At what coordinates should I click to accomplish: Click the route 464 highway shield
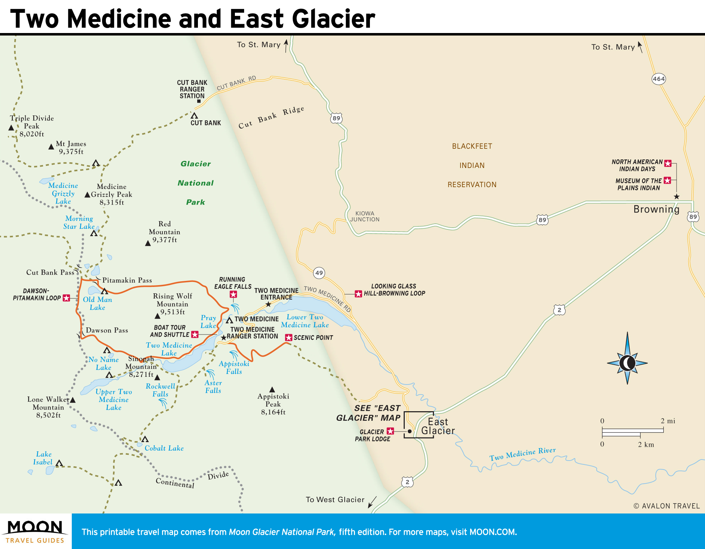pyautogui.click(x=658, y=79)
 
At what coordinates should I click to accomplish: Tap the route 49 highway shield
pyautogui.click(x=319, y=273)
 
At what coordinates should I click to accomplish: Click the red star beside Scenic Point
pyautogui.click(x=289, y=337)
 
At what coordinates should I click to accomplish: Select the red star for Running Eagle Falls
pyautogui.click(x=233, y=294)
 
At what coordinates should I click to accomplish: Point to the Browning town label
pyautogui.click(x=656, y=209)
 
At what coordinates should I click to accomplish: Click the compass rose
pyautogui.click(x=627, y=363)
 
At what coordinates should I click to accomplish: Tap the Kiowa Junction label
pyautogui.click(x=365, y=216)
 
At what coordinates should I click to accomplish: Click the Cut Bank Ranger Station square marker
pyautogui.click(x=199, y=101)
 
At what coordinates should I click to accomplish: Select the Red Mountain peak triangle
pyautogui.click(x=148, y=243)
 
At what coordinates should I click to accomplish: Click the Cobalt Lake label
pyautogui.click(x=164, y=448)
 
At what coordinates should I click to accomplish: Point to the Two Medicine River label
pyautogui.click(x=522, y=454)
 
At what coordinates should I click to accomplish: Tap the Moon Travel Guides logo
pyautogui.click(x=35, y=531)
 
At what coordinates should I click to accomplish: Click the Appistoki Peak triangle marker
pyautogui.click(x=272, y=390)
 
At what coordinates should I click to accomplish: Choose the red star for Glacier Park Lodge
pyautogui.click(x=391, y=431)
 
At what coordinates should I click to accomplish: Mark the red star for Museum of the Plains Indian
pyautogui.click(x=667, y=180)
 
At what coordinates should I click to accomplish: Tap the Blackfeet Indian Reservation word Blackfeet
pyautogui.click(x=472, y=146)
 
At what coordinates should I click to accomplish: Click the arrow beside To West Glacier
pyautogui.click(x=372, y=502)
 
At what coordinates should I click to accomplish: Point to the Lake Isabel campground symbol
pyautogui.click(x=59, y=463)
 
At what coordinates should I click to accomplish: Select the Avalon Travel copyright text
pyautogui.click(x=666, y=506)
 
